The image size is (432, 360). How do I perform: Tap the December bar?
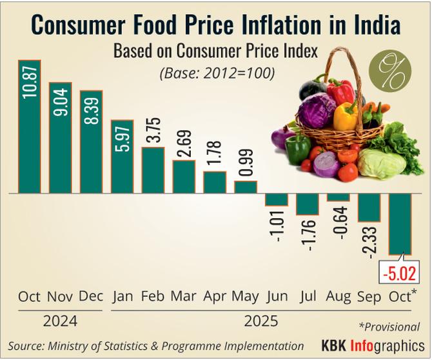pos(91,141)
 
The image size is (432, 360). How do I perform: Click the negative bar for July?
pos(308,204)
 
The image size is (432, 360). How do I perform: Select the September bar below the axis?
pos(369,208)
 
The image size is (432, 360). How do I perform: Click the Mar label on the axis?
pos(184,297)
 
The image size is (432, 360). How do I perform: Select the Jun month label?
pos(277,297)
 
